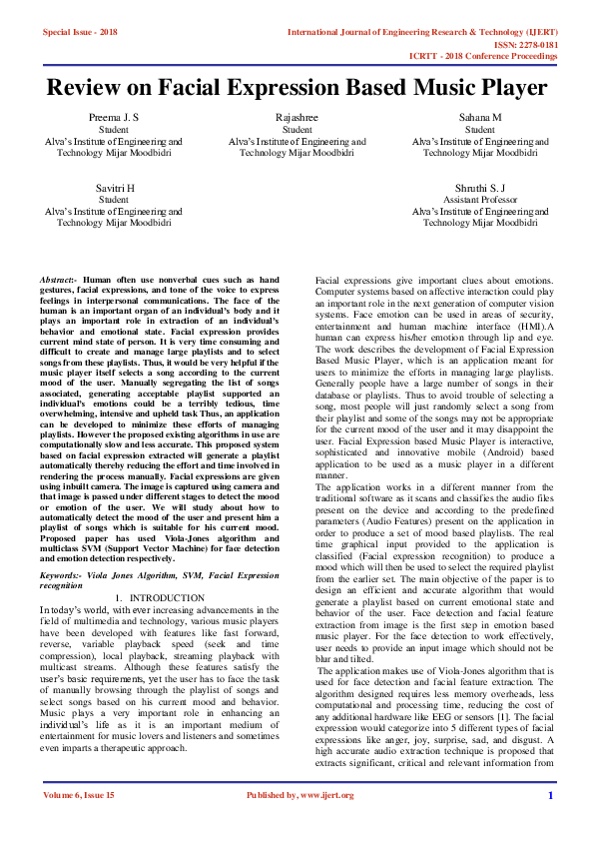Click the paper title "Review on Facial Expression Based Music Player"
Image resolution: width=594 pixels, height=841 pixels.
[297, 88]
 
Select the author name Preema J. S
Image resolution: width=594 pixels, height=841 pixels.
[113, 118]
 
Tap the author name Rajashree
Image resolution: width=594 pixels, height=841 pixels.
[297, 118]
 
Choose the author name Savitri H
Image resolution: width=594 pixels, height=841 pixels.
[113, 188]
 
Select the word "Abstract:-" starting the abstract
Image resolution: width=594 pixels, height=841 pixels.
[59, 282]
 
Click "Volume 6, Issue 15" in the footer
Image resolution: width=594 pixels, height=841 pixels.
[80, 822]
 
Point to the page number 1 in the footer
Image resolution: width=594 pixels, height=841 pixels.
[550, 822]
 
